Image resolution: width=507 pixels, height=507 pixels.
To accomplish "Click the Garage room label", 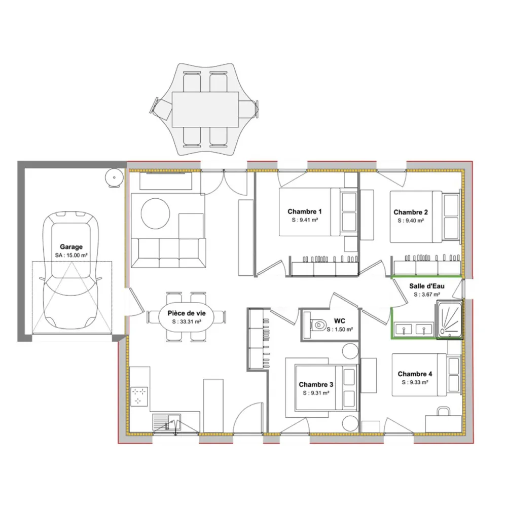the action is coord(71,247).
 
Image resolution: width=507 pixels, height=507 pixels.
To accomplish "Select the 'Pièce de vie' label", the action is coord(187,313).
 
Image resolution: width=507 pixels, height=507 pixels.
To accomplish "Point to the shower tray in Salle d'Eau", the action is coord(449,319).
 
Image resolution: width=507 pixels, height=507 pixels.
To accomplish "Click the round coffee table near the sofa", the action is coord(156,213).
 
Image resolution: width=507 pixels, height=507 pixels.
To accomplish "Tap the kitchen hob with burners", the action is coord(139,396).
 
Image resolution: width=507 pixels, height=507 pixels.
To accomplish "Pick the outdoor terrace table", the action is coord(205,110).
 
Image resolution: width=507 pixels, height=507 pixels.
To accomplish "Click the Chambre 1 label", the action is coord(305,211).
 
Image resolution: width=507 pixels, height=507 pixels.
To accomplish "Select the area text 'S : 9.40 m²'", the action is coord(411,221).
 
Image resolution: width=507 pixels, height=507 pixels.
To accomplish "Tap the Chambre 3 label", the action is coord(316,384).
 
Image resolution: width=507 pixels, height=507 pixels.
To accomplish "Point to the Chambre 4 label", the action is coord(415,374).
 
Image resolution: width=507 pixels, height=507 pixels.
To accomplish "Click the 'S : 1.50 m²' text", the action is coord(340,330).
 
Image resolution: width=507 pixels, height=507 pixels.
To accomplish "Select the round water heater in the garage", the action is coord(114,177).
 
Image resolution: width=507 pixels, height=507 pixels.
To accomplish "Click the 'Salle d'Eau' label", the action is coord(427,286).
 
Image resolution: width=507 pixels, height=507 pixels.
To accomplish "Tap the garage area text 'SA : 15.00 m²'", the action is coord(71,255).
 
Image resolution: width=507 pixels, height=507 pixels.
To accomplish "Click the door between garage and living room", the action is coord(135,301).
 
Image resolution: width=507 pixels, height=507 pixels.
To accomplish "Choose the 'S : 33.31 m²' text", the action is coord(187,322).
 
